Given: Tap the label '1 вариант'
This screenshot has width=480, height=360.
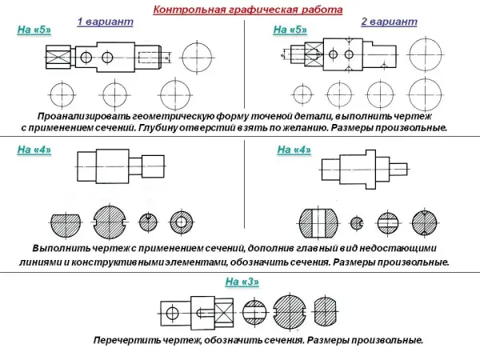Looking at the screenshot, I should pyautogui.click(x=104, y=23).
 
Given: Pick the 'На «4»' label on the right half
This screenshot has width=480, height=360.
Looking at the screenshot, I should pyautogui.click(x=294, y=150).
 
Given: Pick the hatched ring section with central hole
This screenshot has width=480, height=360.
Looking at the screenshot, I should pyautogui.click(x=182, y=222).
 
